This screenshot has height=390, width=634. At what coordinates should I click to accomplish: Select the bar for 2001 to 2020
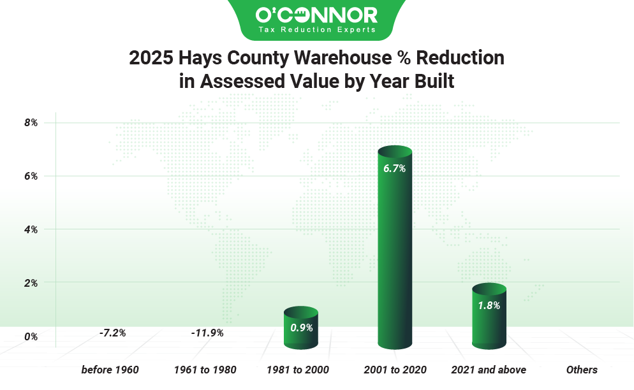pos(395,249)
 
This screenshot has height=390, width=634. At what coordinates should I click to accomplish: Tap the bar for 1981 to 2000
pos(300,328)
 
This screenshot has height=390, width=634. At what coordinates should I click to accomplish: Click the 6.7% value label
pos(395,169)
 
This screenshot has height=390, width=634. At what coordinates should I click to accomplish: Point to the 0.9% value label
pos(300,328)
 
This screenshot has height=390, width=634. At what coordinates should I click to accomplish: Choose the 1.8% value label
pos(489,305)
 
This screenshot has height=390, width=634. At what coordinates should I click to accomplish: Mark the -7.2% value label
pos(112,333)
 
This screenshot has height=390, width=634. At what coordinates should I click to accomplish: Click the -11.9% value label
pos(207,333)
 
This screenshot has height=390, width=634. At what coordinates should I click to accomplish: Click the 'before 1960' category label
pos(110,370)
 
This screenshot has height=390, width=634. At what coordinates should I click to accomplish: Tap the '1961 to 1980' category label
pos(205,370)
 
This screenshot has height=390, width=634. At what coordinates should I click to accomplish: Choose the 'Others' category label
pos(582,370)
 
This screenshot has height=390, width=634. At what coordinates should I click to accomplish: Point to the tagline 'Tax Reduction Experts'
pos(316,29)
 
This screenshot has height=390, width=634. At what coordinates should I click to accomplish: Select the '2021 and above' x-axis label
pos(489,370)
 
